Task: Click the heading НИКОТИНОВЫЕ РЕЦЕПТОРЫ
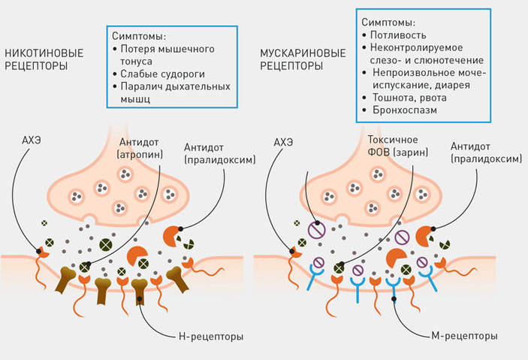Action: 44,59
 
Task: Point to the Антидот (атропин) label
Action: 139,147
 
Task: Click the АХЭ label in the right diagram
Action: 285,141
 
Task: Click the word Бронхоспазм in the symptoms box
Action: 406,110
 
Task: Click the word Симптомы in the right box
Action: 388,23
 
